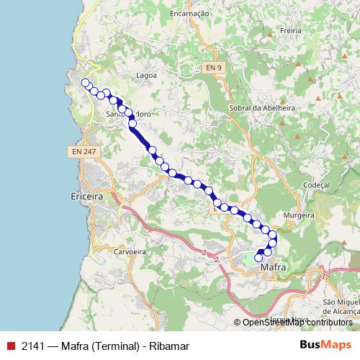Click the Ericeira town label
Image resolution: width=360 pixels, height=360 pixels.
[x=88, y=196]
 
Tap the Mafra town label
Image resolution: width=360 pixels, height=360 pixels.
[x=270, y=267]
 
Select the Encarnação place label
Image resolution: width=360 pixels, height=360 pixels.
[x=189, y=13]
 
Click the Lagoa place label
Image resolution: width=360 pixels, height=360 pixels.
[x=147, y=74]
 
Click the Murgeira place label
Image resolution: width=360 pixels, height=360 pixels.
[x=299, y=215]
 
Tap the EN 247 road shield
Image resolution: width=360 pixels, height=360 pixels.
[x=84, y=153]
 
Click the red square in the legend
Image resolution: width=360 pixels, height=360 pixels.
[x=10, y=346]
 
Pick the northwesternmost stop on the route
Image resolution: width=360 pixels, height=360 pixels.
[x=86, y=83]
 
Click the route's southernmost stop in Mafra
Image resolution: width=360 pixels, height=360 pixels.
[x=259, y=258]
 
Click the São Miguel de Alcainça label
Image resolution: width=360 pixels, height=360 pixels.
[x=341, y=305]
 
